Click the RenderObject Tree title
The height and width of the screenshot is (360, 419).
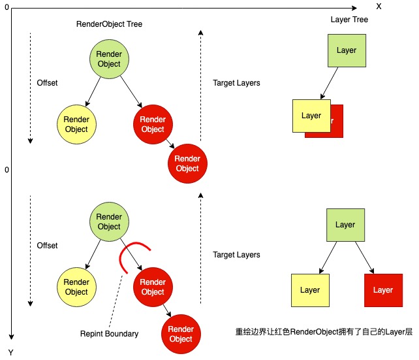point(109,24)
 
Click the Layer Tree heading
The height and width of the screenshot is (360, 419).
point(349,20)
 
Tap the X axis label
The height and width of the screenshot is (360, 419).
point(378,5)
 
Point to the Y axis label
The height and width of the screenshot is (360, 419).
point(11,352)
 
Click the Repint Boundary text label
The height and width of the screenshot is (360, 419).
point(109,334)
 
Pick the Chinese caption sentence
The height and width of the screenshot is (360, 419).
point(324,332)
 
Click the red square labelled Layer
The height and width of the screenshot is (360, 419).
point(382,290)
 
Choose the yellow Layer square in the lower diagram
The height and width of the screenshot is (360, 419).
point(310,290)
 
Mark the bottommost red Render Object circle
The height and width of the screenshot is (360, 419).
point(181,335)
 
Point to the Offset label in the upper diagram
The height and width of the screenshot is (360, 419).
point(47,83)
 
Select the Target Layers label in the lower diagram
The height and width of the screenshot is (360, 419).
point(236,255)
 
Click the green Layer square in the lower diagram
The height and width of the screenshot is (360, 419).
point(345,225)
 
